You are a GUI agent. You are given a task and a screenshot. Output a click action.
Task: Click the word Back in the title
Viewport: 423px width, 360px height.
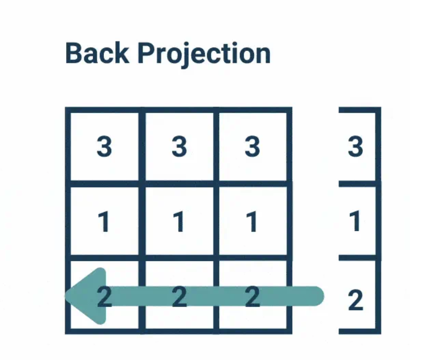tap(97, 54)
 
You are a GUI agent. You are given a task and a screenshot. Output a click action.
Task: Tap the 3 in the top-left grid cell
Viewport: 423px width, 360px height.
tap(104, 146)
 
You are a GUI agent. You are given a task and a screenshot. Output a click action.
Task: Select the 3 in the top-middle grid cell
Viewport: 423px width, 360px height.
tap(179, 146)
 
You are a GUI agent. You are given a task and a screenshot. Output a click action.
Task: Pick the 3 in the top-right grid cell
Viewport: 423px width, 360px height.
tap(252, 146)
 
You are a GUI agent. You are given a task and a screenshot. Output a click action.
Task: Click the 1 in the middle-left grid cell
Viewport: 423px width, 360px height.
tap(103, 222)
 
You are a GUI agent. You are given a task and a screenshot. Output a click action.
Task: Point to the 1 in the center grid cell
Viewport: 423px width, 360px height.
tap(178, 222)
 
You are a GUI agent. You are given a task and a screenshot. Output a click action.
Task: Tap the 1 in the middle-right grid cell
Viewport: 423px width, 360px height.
tap(251, 222)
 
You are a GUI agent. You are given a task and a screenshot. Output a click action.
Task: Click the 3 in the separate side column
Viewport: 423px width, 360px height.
tap(355, 146)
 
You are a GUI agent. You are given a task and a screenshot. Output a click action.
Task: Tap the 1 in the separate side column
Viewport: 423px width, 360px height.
tap(355, 222)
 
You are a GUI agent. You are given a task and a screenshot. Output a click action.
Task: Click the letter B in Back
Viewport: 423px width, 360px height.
tap(74, 54)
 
